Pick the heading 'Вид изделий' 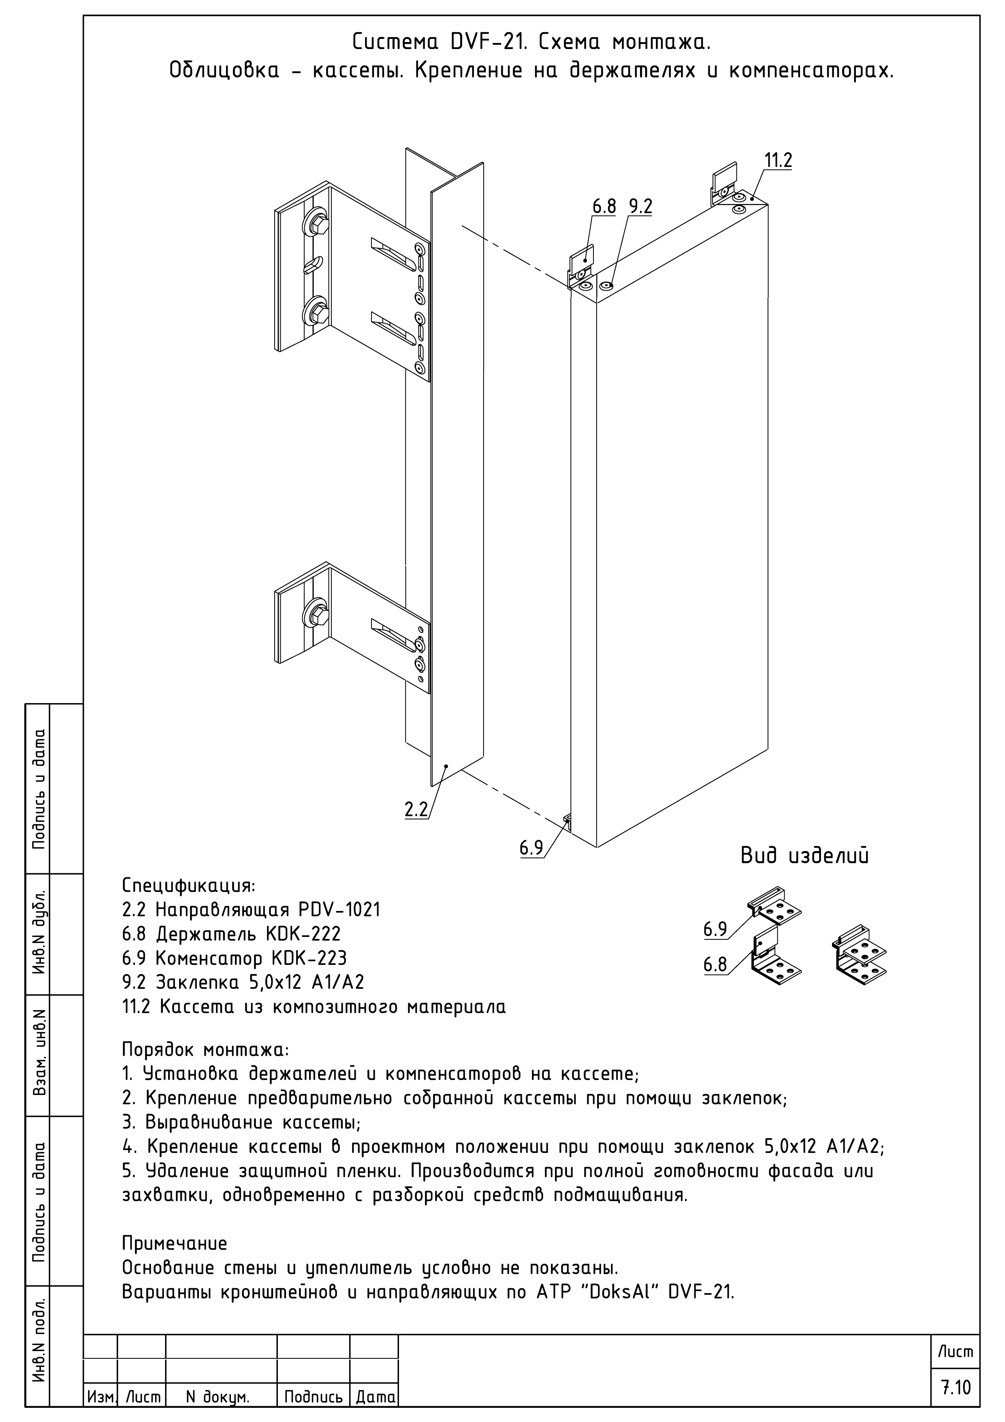point(804,856)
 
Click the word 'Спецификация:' point(188,885)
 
